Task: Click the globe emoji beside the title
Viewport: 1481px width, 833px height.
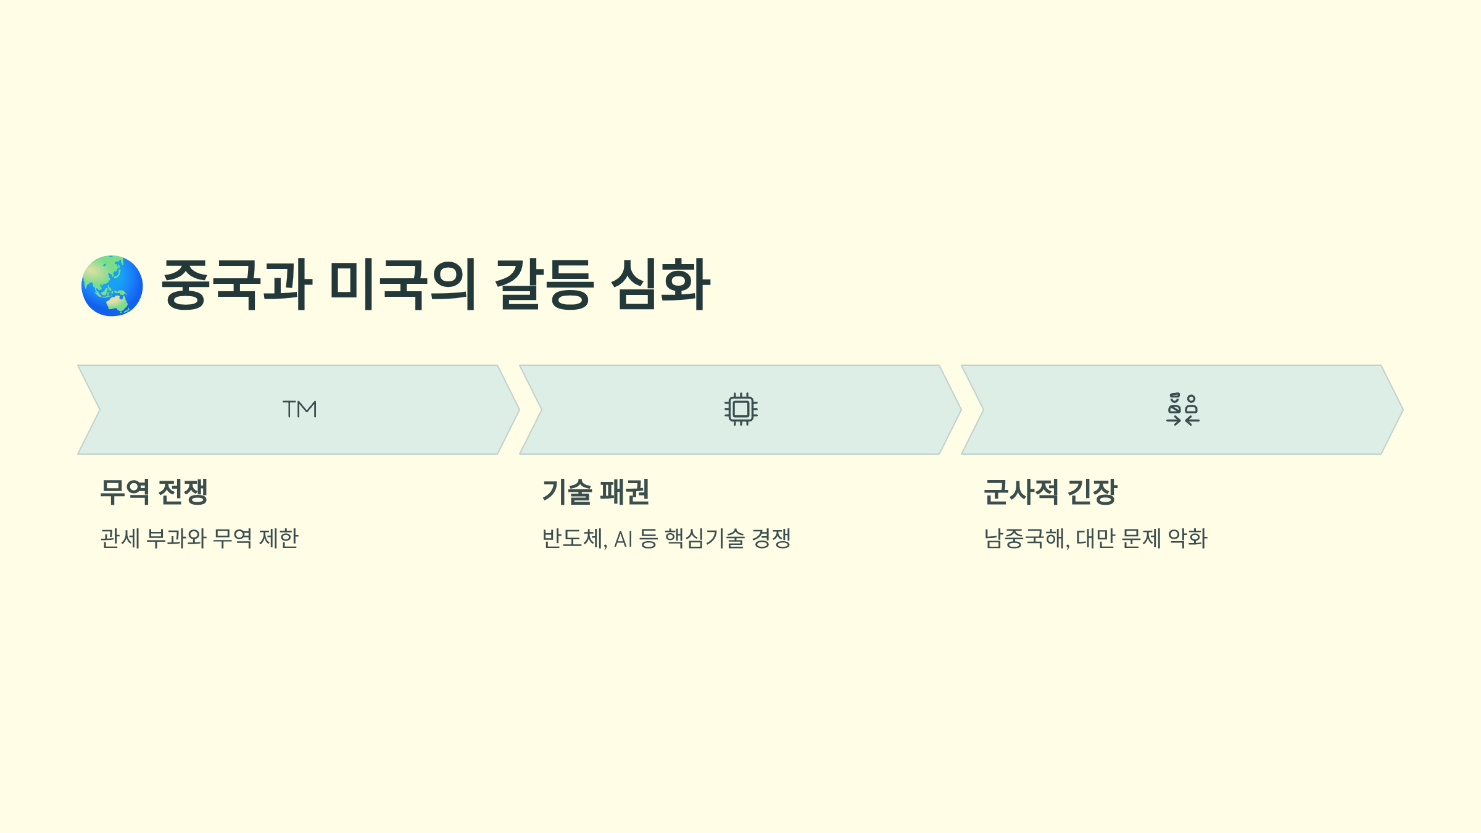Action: [x=112, y=286]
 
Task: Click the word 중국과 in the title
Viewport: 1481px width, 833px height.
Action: [x=237, y=284]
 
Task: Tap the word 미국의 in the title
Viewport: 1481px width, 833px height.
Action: [x=402, y=284]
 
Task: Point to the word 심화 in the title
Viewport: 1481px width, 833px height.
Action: [x=660, y=284]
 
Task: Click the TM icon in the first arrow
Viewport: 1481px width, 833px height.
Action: [x=300, y=409]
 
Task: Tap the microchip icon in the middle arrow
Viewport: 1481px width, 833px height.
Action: [x=740, y=409]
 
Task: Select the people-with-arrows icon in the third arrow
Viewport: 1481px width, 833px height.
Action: [x=1182, y=409]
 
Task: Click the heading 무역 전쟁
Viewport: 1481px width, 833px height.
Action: [x=154, y=492]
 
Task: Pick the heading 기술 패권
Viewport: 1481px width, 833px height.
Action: [x=595, y=492]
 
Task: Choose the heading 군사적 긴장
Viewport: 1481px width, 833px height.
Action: [x=1050, y=492]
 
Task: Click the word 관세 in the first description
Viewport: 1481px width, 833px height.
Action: [x=120, y=538]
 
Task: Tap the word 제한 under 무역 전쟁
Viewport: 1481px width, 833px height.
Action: [x=279, y=538]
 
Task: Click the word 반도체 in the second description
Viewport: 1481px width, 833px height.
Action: [x=573, y=538]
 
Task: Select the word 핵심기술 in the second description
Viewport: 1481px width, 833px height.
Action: [x=704, y=538]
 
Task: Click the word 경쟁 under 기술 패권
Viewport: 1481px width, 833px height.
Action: [x=771, y=538]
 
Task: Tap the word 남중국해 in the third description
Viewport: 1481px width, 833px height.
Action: [x=1025, y=538]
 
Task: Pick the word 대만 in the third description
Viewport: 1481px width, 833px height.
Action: [x=1095, y=538]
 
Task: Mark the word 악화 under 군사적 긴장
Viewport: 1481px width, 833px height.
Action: [x=1188, y=538]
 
